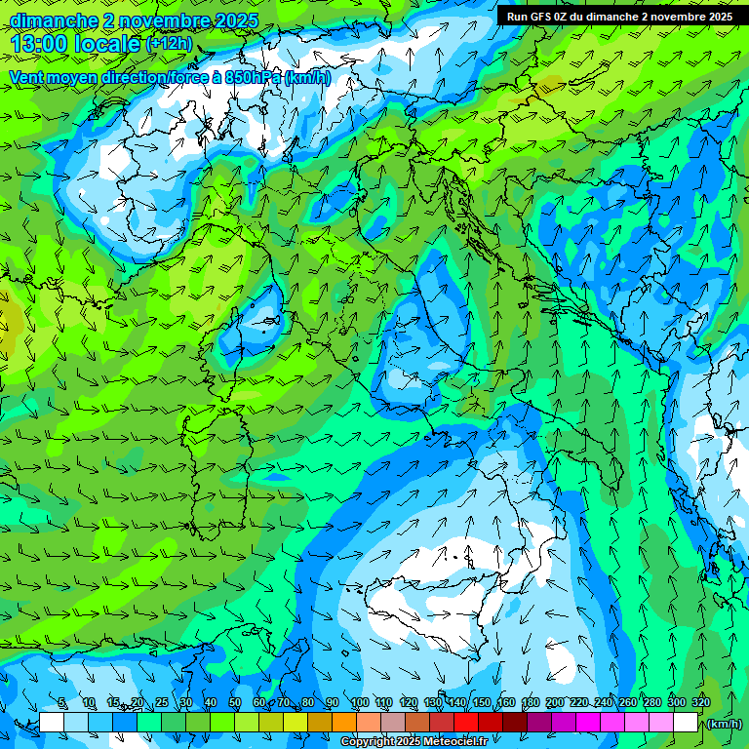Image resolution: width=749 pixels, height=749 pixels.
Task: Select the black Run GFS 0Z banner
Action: [x=619, y=16]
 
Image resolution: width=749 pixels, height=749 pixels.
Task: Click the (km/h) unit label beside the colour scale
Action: [x=723, y=724]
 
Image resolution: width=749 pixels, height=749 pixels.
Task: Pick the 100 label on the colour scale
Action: [x=359, y=703]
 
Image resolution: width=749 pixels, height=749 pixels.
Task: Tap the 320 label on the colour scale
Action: [x=700, y=703]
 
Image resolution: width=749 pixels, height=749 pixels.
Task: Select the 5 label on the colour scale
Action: [x=62, y=703]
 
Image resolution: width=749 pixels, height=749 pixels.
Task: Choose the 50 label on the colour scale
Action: [x=235, y=703]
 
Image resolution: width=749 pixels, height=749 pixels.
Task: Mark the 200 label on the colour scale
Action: [x=554, y=703]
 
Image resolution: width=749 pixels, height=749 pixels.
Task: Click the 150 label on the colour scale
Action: [x=481, y=703]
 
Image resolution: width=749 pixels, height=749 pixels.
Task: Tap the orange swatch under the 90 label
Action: [x=344, y=723]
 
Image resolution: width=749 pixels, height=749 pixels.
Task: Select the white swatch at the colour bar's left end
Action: [x=52, y=723]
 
